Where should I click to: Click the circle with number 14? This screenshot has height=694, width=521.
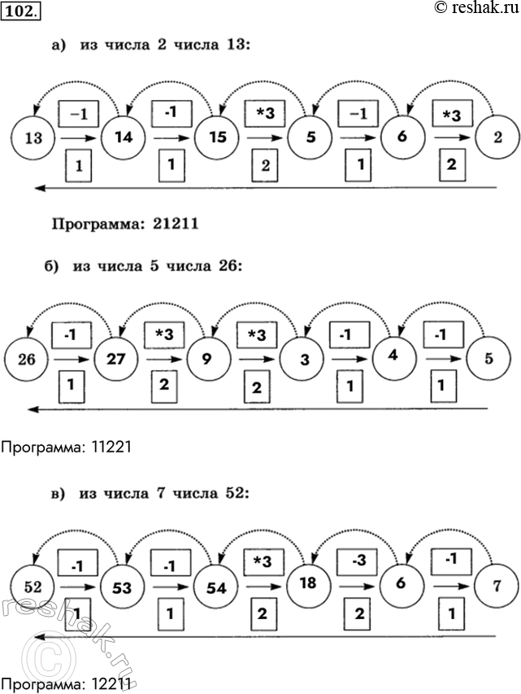[x=124, y=137]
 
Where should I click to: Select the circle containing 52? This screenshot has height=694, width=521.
[x=32, y=584]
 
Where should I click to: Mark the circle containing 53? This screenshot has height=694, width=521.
[x=124, y=583]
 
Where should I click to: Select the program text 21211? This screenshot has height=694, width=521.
[x=175, y=223]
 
